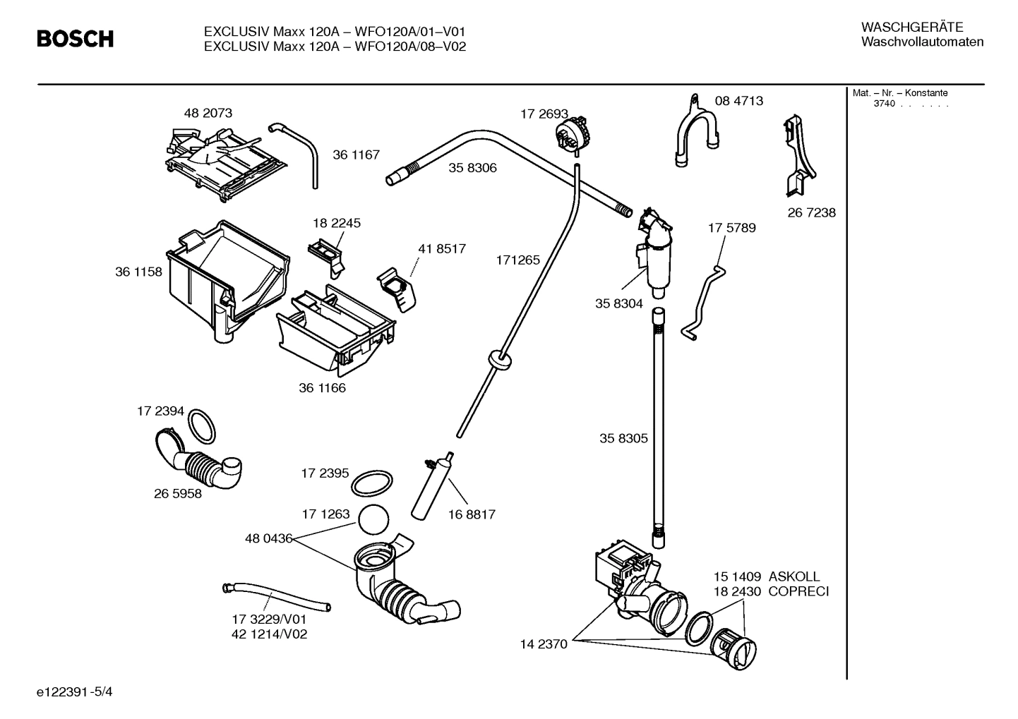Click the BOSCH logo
click(x=75, y=39)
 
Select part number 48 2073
click(x=208, y=113)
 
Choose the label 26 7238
click(x=811, y=212)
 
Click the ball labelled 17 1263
click(x=374, y=521)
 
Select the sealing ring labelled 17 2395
click(x=371, y=485)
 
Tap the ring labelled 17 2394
click(x=203, y=425)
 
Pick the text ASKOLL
click(x=794, y=576)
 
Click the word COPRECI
click(x=798, y=591)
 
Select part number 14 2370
click(x=544, y=644)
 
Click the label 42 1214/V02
click(x=269, y=634)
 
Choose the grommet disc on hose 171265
click(x=499, y=359)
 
